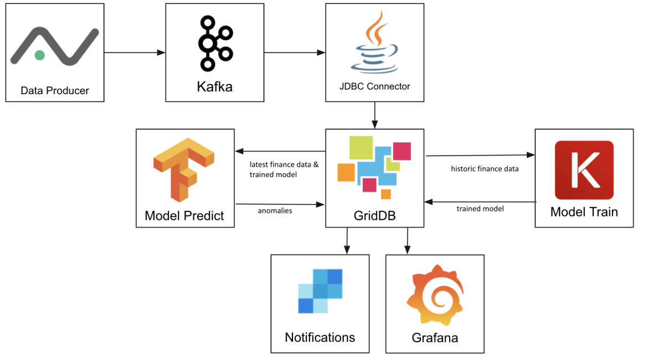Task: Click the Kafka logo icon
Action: pyautogui.click(x=214, y=43)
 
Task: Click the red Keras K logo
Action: pyautogui.click(x=584, y=170)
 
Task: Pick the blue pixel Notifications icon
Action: pyautogui.click(x=320, y=291)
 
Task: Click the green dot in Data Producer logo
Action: pyautogui.click(x=39, y=55)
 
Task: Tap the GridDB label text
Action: pyautogui.click(x=374, y=215)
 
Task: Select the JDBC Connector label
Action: pyautogui.click(x=375, y=86)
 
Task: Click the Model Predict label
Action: pyautogui.click(x=184, y=215)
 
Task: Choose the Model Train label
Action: pyautogui.click(x=584, y=212)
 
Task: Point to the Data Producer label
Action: pyautogui.click(x=55, y=90)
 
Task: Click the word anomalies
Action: pyautogui.click(x=275, y=210)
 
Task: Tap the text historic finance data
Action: pyautogui.click(x=485, y=168)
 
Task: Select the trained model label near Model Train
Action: pyautogui.click(x=480, y=209)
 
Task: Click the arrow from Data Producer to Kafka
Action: pyautogui.click(x=135, y=53)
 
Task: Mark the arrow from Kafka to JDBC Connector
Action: pyautogui.click(x=294, y=53)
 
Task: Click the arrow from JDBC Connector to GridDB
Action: pyautogui.click(x=375, y=115)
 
